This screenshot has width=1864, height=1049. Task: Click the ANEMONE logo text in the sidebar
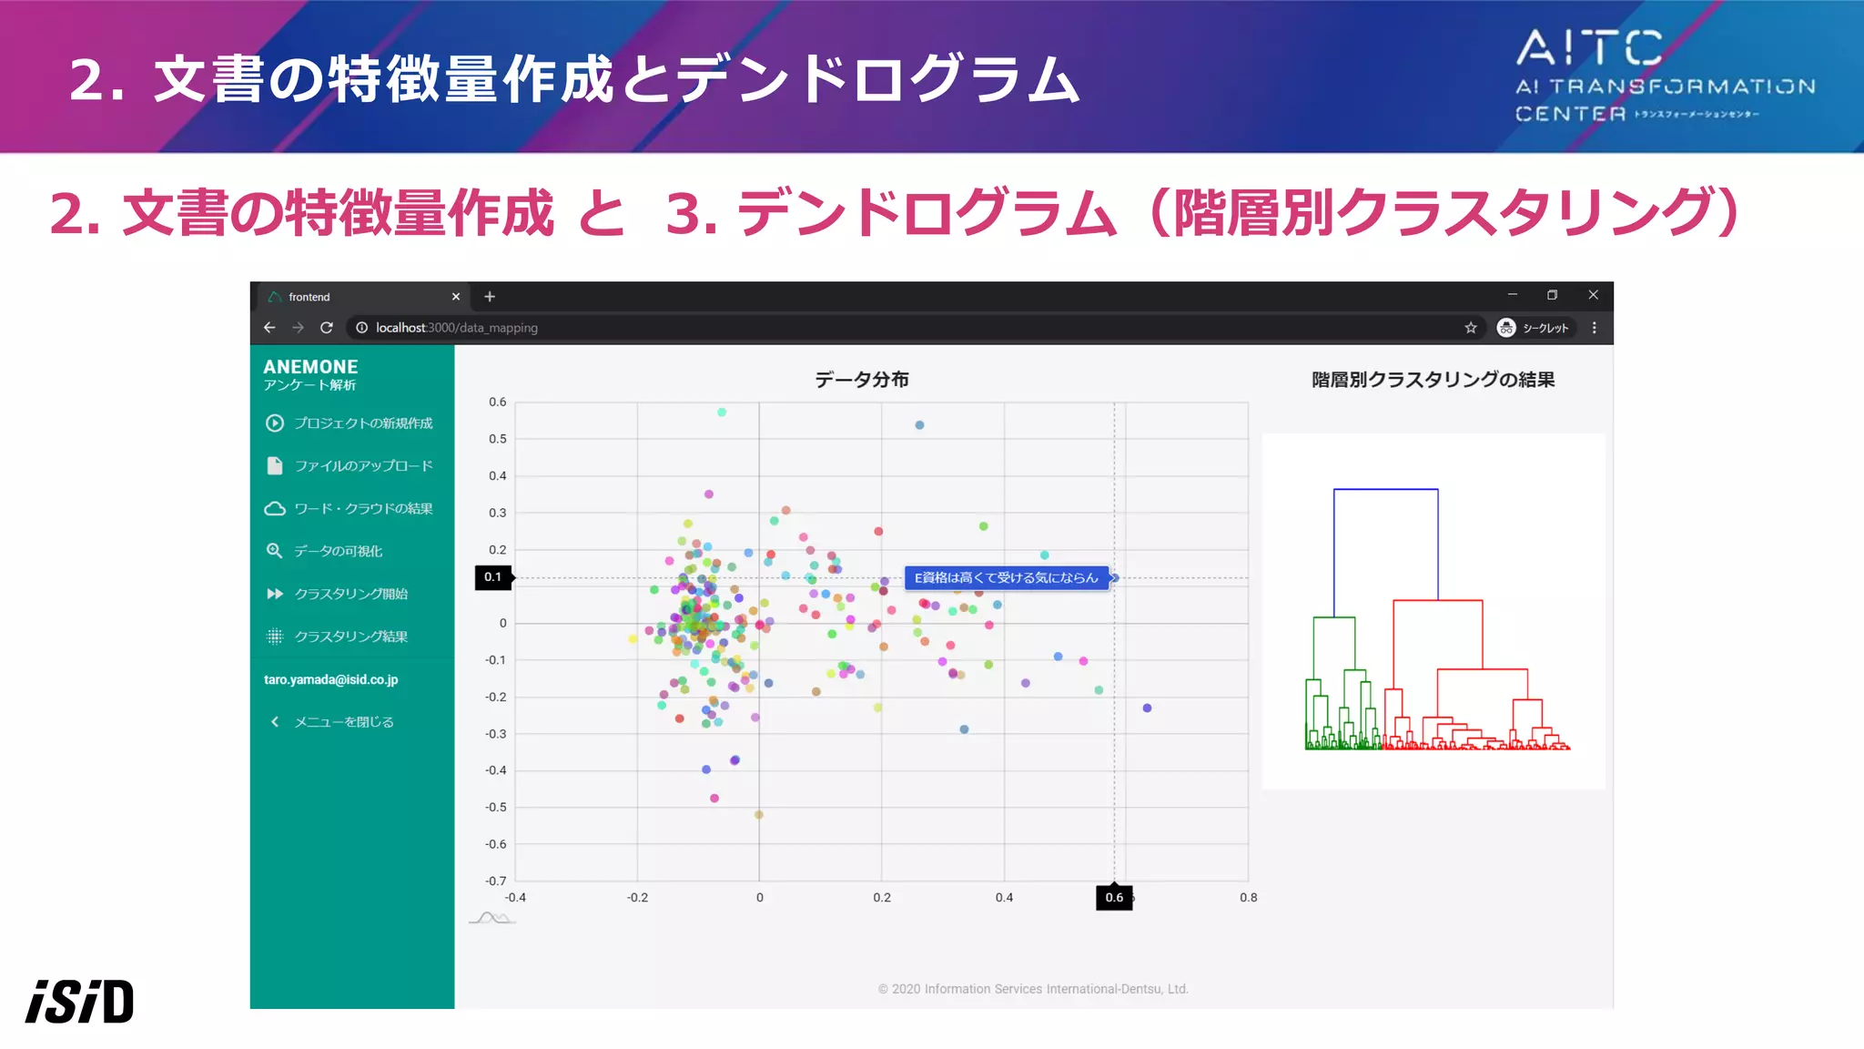pos(310,367)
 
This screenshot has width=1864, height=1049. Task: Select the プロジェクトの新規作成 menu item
pos(362,423)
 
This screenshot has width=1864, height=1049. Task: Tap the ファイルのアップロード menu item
pos(362,466)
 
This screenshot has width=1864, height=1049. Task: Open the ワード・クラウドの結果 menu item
pos(362,509)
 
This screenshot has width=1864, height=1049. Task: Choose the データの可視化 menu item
pos(338,551)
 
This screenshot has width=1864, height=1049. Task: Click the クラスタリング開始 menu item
pos(350,594)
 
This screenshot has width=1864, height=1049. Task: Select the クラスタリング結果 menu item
pos(350,637)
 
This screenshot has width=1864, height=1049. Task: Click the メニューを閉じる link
pos(343,722)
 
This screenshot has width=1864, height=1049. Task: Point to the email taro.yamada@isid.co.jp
pos(330,679)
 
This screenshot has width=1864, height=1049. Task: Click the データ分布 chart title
pos(861,380)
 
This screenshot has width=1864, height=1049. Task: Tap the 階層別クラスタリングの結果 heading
pos(1433,380)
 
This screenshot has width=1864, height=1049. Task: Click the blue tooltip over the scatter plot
pos(1006,578)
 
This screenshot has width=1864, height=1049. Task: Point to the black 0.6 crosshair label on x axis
pos(1114,898)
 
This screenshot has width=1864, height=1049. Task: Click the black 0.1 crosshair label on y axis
pos(492,577)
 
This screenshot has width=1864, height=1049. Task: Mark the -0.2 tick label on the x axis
pos(637,898)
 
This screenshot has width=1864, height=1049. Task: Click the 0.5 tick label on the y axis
pos(497,439)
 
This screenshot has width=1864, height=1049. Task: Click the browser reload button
pos(327,328)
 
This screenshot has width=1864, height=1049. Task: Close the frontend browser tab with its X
pos(456,297)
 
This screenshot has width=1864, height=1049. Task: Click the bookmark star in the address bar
pos(1471,328)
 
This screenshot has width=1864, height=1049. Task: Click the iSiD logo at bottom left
pos(80,1002)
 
